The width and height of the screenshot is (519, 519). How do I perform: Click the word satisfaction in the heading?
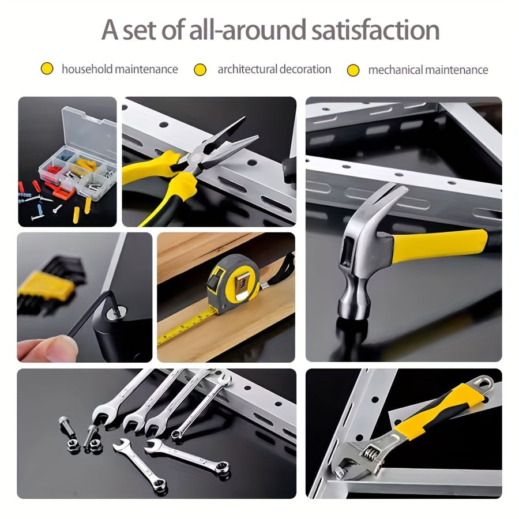click(x=375, y=30)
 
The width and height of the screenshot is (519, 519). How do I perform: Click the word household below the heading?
click(x=87, y=69)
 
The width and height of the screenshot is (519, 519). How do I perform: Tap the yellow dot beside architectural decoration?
click(x=200, y=70)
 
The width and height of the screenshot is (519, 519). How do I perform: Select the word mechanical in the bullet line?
click(x=397, y=70)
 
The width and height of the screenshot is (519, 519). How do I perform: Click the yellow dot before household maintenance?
click(x=47, y=69)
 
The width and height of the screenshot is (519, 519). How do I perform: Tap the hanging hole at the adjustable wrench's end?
click(x=484, y=381)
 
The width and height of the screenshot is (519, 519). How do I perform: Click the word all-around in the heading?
click(x=248, y=30)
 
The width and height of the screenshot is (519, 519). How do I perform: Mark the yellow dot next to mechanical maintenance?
click(x=353, y=70)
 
